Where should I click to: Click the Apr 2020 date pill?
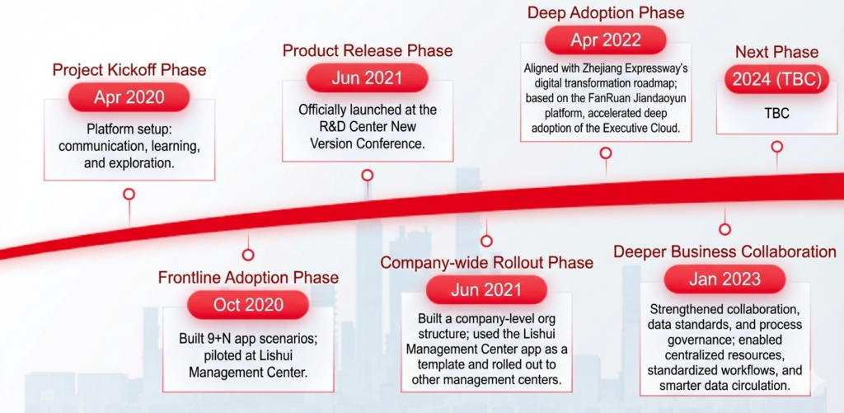[x=129, y=97]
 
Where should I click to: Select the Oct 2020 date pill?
[x=248, y=305]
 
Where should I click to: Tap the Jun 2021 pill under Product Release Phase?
[x=367, y=78]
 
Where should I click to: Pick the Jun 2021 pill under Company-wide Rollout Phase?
[x=486, y=291]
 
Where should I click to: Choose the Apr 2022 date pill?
[x=606, y=40]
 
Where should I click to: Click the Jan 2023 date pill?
[x=724, y=279]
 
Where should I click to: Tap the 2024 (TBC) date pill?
[x=776, y=80]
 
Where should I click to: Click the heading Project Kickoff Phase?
[x=129, y=70]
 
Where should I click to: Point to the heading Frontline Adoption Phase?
[x=248, y=277]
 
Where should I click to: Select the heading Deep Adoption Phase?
[x=606, y=12]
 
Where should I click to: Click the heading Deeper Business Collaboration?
[x=725, y=251]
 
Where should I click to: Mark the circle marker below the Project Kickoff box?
[x=129, y=195]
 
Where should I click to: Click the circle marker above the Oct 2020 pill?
[x=248, y=255]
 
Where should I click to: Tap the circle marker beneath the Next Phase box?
[x=776, y=147]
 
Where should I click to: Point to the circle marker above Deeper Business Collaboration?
[x=725, y=229]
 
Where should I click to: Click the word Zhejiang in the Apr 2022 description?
[x=615, y=69]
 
